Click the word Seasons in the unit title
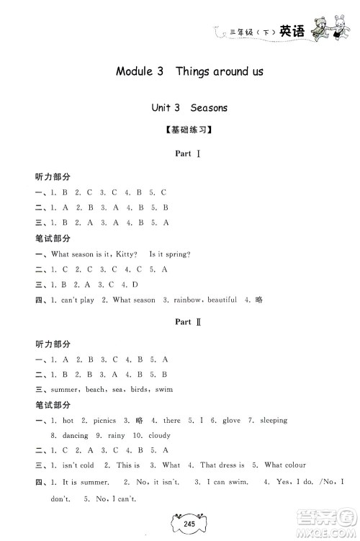click(209, 108)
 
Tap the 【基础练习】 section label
click(179, 132)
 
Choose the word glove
click(222, 420)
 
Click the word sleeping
click(272, 420)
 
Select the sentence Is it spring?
click(169, 254)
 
